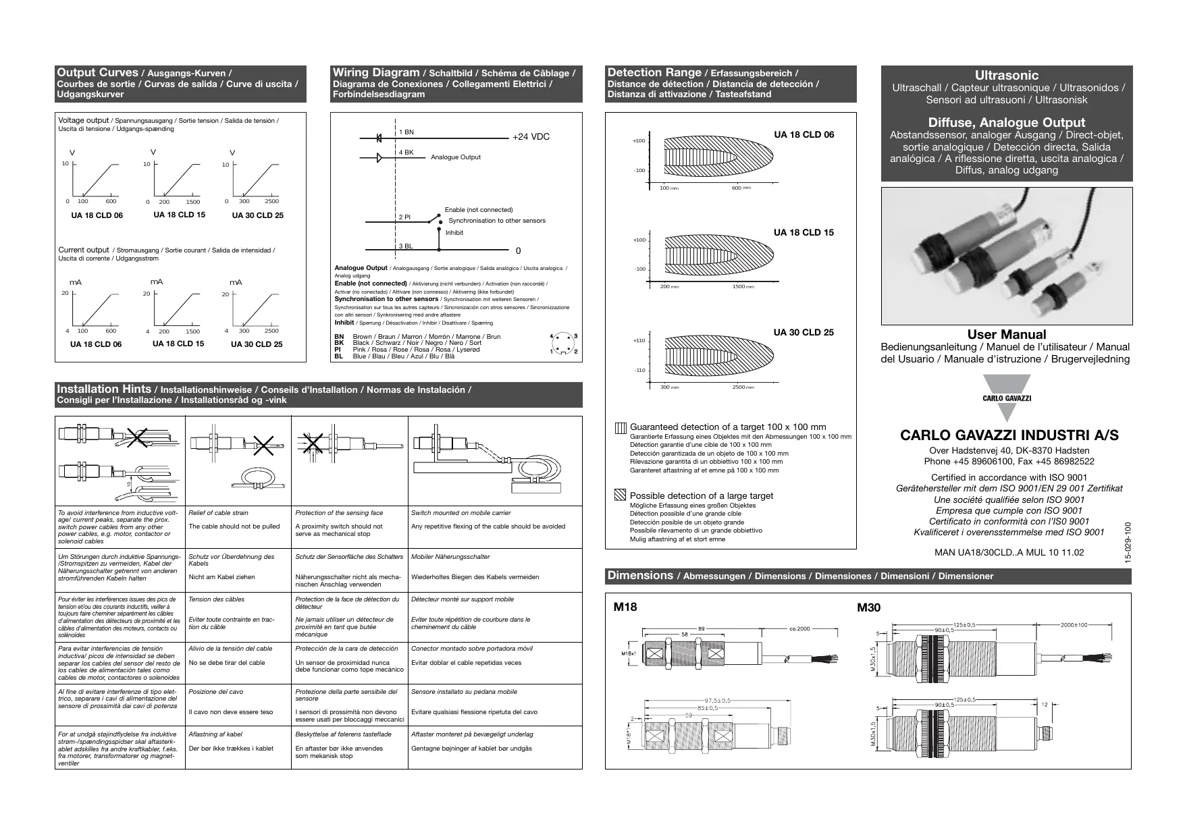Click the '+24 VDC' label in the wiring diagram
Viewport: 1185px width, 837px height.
[x=531, y=137]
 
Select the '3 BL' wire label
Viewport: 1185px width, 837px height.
[x=405, y=246]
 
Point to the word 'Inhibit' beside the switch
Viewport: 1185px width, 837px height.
[x=454, y=233]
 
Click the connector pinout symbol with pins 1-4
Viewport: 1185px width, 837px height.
[x=564, y=344]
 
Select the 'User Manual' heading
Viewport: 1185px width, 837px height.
[x=1006, y=335]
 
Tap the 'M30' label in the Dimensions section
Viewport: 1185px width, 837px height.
[x=869, y=607]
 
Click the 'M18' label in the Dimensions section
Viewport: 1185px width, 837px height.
[x=625, y=607]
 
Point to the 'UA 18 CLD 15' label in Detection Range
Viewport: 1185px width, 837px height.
[x=804, y=233]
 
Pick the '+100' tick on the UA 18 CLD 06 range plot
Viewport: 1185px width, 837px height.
[x=639, y=141]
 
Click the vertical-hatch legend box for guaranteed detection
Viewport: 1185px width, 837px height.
[x=621, y=428]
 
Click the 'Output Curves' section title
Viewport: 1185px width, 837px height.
[x=97, y=73]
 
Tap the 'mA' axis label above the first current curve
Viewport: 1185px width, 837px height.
[x=76, y=282]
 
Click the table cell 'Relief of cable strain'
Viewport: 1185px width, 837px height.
[x=218, y=513]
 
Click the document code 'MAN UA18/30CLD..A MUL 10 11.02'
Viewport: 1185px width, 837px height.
[x=1009, y=552]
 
